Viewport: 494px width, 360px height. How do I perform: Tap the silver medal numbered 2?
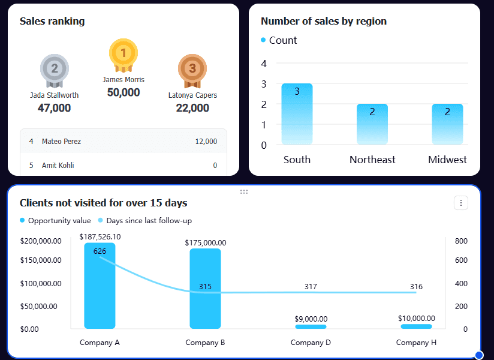[x=55, y=69]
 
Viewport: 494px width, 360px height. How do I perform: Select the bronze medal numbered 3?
[x=192, y=69]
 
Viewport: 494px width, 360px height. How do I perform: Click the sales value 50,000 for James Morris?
[x=123, y=92]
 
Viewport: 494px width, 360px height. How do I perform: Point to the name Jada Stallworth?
[x=54, y=95]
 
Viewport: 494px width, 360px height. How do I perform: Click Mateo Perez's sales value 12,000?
[x=206, y=142]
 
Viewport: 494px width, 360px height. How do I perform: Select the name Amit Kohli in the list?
[x=58, y=166]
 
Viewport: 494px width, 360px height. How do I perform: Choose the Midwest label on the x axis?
[x=447, y=160]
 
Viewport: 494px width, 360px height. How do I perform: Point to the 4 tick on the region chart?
[x=264, y=63]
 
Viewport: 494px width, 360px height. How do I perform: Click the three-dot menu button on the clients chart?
[x=461, y=203]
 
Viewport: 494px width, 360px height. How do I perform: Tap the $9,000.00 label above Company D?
[x=311, y=319]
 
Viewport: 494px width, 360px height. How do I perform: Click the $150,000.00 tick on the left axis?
[x=41, y=260]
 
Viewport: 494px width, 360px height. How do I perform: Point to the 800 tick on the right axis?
[x=461, y=241]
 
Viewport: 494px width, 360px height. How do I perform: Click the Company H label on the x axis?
[x=416, y=343]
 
